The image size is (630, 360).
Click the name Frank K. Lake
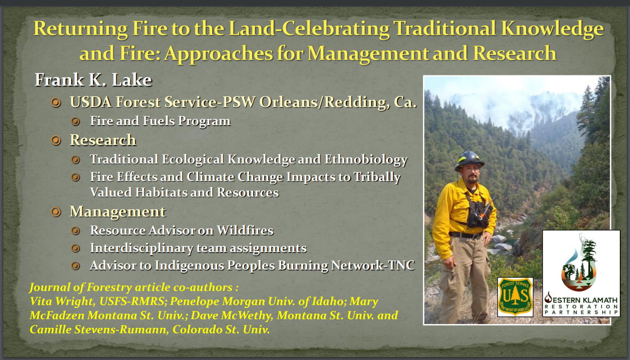pyautogui.click(x=93, y=80)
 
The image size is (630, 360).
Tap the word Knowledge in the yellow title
pyautogui.click(x=552, y=29)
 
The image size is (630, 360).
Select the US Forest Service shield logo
pyautogui.click(x=515, y=297)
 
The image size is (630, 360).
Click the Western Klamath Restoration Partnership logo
pyautogui.click(x=581, y=273)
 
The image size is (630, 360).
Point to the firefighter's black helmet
pyautogui.click(x=469, y=161)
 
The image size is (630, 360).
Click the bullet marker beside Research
pyautogui.click(x=56, y=140)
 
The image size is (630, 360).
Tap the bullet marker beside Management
pyautogui.click(x=56, y=212)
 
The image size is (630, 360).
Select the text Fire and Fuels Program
pyautogui.click(x=160, y=121)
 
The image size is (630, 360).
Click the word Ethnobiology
pyautogui.click(x=366, y=160)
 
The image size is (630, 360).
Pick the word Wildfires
pyautogui.click(x=245, y=231)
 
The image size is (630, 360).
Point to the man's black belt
pyautogui.click(x=465, y=235)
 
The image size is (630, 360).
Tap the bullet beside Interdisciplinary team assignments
pyautogui.click(x=75, y=249)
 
